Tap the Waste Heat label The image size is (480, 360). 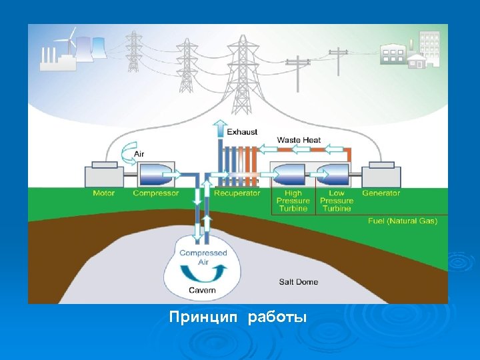pos(299,140)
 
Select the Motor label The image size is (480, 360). pos(104,193)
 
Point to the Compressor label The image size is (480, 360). pos(156,193)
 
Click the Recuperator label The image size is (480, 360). pos(237,193)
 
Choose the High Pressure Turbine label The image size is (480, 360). pos(293,201)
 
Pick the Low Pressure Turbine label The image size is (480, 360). pos(337,201)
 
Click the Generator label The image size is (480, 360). pos(381,193)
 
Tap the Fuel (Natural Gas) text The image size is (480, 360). pos(403,220)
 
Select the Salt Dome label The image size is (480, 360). pos(298,282)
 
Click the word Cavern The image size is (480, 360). pos(202,290)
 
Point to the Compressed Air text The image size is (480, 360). pos(203,257)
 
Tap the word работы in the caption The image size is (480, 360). pos(277,317)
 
